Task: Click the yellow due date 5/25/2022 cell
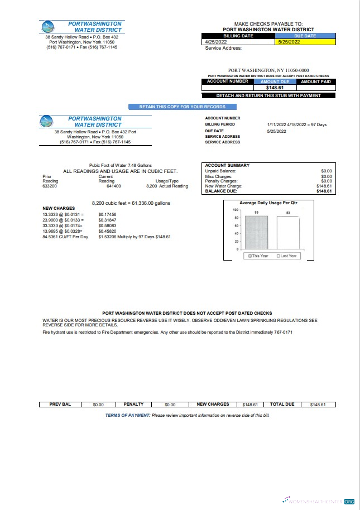point(306,41)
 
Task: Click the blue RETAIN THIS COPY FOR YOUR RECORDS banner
point(178,107)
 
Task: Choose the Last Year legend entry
point(288,256)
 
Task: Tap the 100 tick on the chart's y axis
point(236,209)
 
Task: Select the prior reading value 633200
point(50,186)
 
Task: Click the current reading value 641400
point(113,186)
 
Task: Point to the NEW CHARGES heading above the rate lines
point(58,208)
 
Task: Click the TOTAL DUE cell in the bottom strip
point(282,404)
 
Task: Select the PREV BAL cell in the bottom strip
point(60,404)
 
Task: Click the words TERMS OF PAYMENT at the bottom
point(127,415)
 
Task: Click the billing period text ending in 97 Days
point(296,124)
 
